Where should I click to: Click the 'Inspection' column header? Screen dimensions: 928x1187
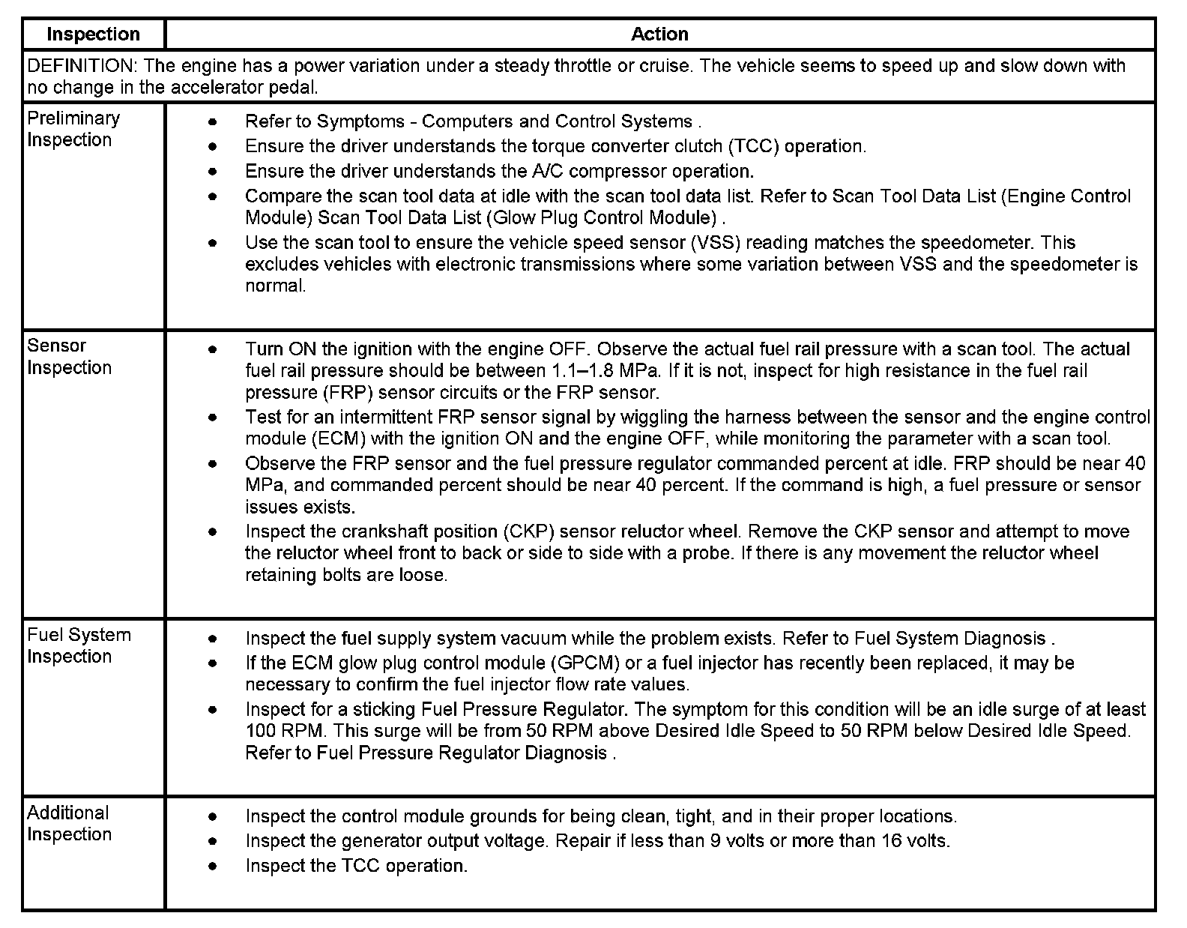[x=93, y=34]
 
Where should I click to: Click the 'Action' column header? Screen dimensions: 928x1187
[x=659, y=34]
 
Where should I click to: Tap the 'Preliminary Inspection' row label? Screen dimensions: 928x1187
[x=73, y=129]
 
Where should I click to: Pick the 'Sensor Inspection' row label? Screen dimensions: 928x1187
[x=69, y=357]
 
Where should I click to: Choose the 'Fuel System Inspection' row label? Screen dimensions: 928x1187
[x=79, y=645]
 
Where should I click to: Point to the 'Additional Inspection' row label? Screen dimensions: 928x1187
[x=69, y=824]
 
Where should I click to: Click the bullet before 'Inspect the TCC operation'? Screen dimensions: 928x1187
[x=214, y=867]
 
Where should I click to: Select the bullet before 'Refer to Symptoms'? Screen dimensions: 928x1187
[x=214, y=122]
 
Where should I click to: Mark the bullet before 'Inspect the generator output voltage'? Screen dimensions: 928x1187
[x=214, y=842]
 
